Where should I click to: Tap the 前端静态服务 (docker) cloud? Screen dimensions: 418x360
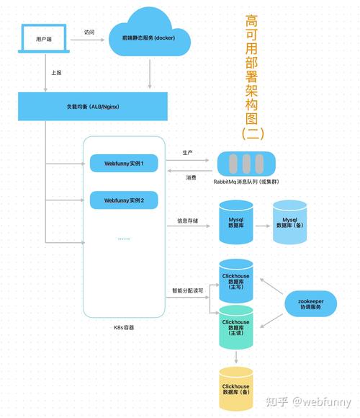(150, 36)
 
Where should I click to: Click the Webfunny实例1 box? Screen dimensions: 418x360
(124, 164)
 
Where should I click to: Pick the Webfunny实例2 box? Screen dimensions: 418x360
(124, 200)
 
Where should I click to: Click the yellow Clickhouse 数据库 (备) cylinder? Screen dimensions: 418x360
(236, 388)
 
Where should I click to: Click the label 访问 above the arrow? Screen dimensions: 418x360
(89, 32)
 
